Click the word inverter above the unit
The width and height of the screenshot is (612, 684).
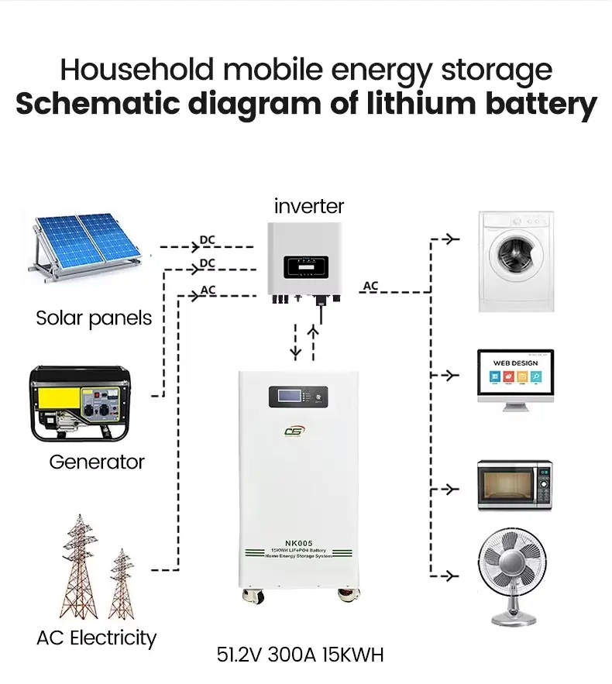[x=308, y=207]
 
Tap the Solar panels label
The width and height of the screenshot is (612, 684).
[x=94, y=318]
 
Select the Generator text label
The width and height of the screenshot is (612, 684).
[x=97, y=462]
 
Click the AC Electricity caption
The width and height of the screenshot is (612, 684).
[x=96, y=638]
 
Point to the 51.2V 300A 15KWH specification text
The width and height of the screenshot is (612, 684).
[x=301, y=655]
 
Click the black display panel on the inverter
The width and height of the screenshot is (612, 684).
[x=309, y=269]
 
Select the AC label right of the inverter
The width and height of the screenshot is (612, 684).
[x=371, y=286]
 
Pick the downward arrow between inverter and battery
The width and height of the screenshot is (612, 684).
[x=295, y=342]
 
